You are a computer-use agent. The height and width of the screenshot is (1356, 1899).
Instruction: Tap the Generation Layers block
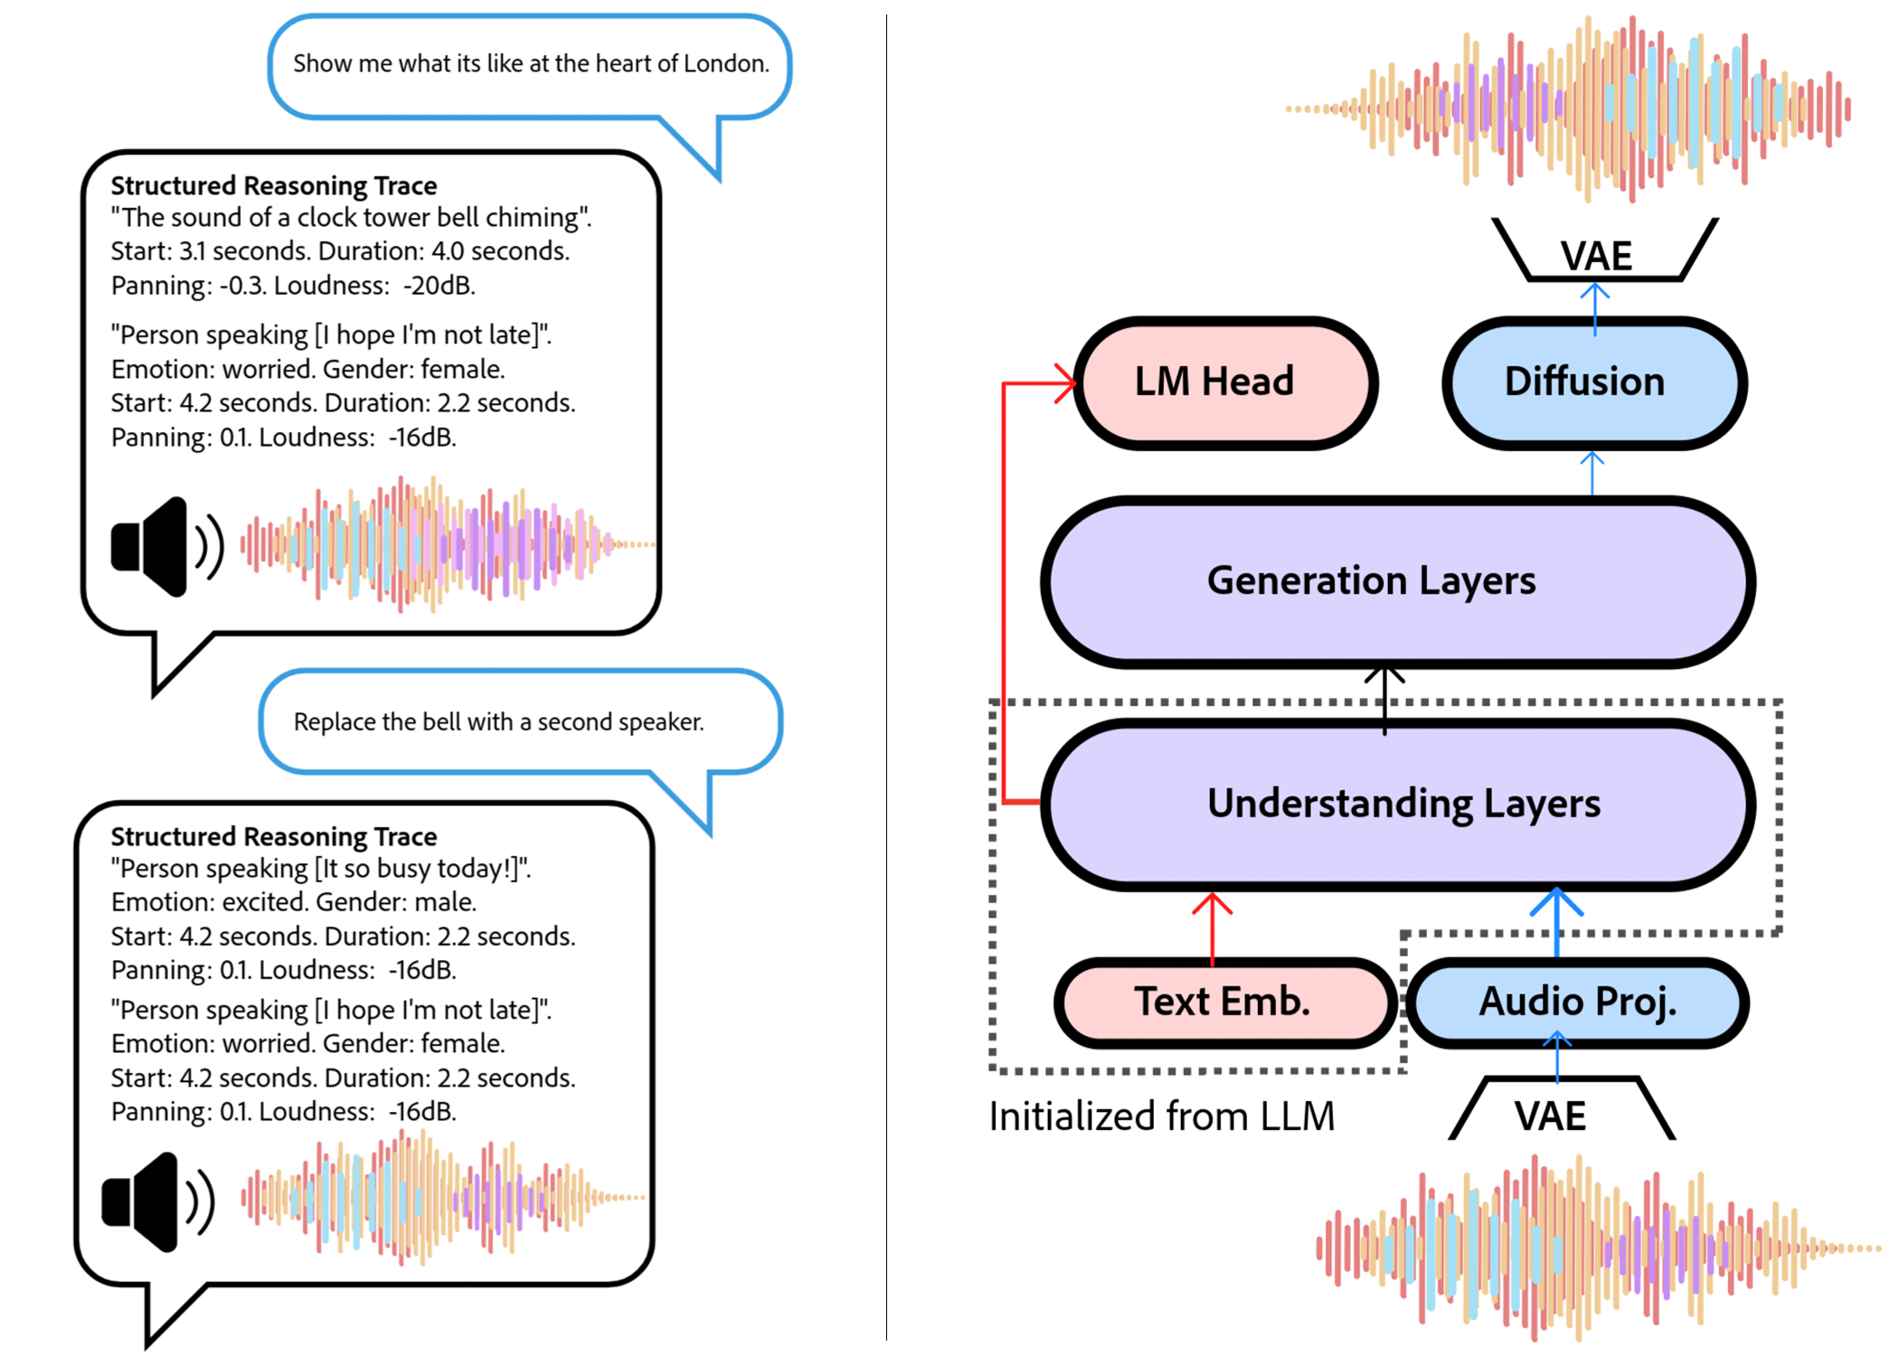tap(1397, 581)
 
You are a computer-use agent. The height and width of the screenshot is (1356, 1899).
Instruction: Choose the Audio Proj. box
tap(1577, 1003)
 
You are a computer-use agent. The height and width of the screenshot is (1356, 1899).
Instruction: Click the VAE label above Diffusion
tap(1596, 256)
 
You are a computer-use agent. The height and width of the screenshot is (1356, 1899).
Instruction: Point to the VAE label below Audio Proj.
tap(1550, 1116)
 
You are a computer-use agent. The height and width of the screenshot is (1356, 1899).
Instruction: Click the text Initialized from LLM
tap(1161, 1116)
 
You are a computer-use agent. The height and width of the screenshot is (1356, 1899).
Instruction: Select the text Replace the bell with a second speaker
tap(498, 722)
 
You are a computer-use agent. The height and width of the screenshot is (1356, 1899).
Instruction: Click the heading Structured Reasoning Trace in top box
tap(273, 185)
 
